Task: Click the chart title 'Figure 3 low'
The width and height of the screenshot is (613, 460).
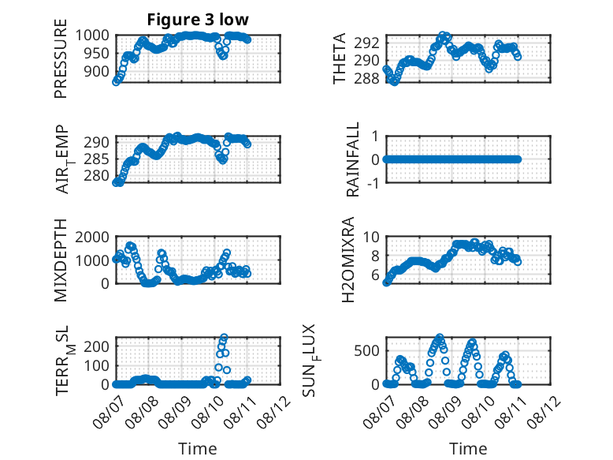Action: pyautogui.click(x=198, y=20)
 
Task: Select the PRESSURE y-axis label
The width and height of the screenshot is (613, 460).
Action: pyautogui.click(x=61, y=58)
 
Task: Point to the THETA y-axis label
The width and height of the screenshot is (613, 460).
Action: pyautogui.click(x=340, y=58)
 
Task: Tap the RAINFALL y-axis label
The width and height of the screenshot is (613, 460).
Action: pyautogui.click(x=353, y=159)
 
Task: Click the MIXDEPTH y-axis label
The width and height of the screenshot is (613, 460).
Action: pyautogui.click(x=61, y=260)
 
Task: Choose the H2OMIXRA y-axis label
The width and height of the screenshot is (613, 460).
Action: pyautogui.click(x=347, y=260)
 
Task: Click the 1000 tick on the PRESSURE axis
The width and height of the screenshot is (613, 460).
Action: pyautogui.click(x=92, y=36)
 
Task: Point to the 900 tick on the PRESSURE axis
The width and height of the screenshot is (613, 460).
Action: pyautogui.click(x=97, y=71)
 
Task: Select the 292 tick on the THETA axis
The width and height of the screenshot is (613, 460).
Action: pyautogui.click(x=367, y=43)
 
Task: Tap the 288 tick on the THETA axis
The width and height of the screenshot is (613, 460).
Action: pyautogui.click(x=367, y=79)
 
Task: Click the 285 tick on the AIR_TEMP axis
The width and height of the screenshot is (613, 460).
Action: pyautogui.click(x=97, y=159)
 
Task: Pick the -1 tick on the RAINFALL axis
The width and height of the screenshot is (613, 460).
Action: pyautogui.click(x=373, y=183)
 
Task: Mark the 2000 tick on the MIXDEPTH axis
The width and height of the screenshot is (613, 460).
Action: pyautogui.click(x=92, y=237)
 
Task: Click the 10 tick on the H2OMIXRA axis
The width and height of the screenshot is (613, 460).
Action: pyautogui.click(x=371, y=237)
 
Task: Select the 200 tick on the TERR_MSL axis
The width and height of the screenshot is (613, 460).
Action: pyautogui.click(x=97, y=346)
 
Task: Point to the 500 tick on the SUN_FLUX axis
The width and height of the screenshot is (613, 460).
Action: pyautogui.click(x=367, y=350)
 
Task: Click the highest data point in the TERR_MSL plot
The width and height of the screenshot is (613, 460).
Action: pyautogui.click(x=224, y=337)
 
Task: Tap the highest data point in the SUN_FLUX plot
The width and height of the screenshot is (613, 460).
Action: pyautogui.click(x=440, y=337)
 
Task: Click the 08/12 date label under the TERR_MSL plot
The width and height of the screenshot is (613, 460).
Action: pyautogui.click(x=273, y=412)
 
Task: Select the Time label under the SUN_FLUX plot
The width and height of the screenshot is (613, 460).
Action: pyautogui.click(x=468, y=448)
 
